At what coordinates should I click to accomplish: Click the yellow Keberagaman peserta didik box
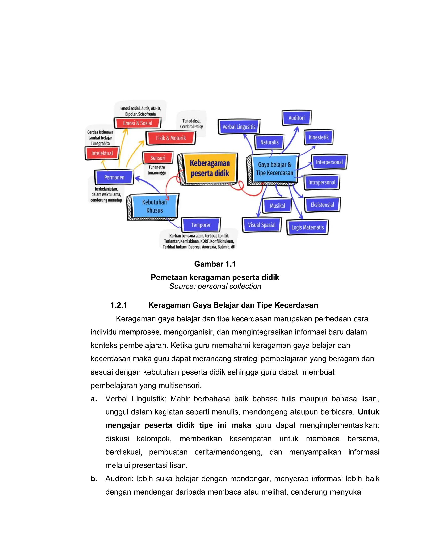(x=210, y=168)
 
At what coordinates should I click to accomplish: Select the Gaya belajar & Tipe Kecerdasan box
(x=274, y=168)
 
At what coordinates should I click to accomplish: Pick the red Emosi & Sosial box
(x=138, y=123)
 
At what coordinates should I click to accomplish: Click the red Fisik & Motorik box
(x=171, y=138)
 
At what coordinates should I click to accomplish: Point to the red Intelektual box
(x=102, y=153)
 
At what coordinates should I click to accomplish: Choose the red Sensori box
(x=158, y=158)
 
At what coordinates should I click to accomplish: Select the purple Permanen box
(x=114, y=177)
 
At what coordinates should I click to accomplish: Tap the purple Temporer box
(x=201, y=225)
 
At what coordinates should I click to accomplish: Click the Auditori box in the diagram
(x=296, y=118)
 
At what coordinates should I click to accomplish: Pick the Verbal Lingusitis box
(x=239, y=127)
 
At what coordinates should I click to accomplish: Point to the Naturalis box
(x=269, y=142)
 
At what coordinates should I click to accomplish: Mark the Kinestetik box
(x=319, y=137)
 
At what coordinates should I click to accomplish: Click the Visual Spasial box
(x=262, y=225)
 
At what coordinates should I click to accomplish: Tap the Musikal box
(x=277, y=205)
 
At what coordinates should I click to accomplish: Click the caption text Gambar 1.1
(x=215, y=264)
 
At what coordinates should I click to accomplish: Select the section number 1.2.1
(x=118, y=305)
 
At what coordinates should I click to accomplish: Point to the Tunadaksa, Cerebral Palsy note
(x=191, y=124)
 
